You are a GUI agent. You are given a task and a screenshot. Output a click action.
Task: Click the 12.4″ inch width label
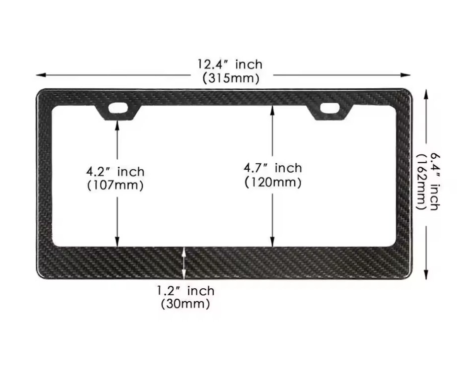click(230, 64)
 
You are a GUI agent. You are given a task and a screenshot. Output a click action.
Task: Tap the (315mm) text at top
click(231, 78)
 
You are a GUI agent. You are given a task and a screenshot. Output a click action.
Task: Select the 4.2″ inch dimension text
click(116, 172)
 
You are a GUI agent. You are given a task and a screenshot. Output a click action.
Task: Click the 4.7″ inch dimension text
click(272, 168)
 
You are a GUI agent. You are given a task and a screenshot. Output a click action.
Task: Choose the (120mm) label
click(272, 182)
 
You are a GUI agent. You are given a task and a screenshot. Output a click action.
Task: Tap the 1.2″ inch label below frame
click(186, 291)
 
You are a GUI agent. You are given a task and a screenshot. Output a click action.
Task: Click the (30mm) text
click(186, 304)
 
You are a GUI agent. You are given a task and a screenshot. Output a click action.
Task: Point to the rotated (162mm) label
click(421, 182)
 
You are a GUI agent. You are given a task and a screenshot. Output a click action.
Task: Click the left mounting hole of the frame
click(118, 107)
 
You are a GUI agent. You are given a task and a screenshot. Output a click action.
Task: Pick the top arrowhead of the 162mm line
click(426, 93)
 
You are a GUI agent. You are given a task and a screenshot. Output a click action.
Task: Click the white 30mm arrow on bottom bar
click(185, 263)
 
